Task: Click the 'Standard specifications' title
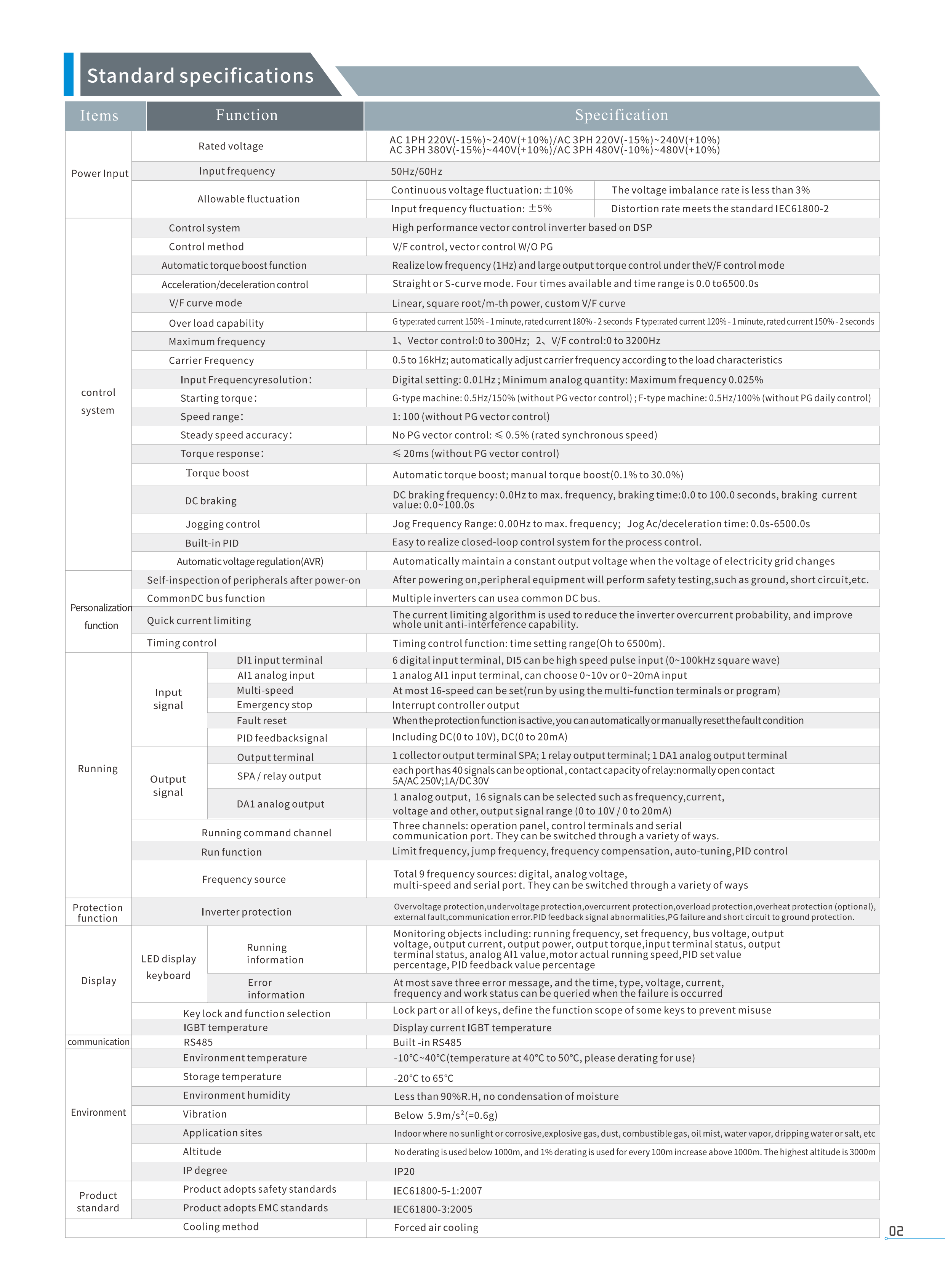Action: (x=200, y=75)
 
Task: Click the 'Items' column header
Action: (x=99, y=115)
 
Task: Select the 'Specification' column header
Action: (x=621, y=115)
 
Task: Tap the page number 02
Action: (x=896, y=1231)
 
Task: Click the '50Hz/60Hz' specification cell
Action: (x=416, y=171)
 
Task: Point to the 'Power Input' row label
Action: (x=99, y=173)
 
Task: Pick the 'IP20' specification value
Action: (x=404, y=1171)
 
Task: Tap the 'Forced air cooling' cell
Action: (x=436, y=1227)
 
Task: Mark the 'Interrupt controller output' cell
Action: (x=455, y=705)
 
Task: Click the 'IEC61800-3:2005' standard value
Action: (x=433, y=1209)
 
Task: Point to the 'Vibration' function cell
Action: (x=205, y=1114)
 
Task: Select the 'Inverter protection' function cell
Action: (x=246, y=912)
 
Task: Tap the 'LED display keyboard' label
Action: (x=169, y=967)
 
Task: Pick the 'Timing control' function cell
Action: (x=181, y=643)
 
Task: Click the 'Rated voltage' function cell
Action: (x=231, y=146)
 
